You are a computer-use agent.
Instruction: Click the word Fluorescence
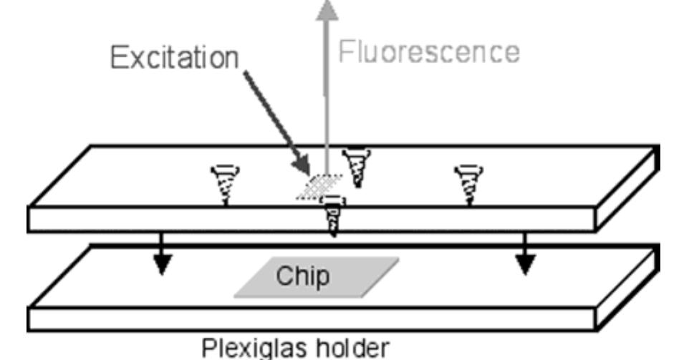[428, 52]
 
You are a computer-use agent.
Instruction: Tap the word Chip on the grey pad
[304, 276]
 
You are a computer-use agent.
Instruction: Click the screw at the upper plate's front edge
[334, 218]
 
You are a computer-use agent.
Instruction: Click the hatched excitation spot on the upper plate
[319, 188]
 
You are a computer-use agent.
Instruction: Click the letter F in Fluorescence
[347, 52]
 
